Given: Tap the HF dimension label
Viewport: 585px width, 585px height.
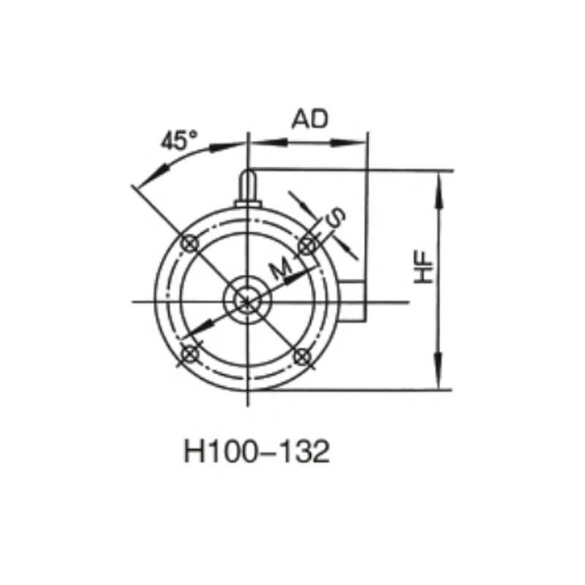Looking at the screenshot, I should click(424, 270).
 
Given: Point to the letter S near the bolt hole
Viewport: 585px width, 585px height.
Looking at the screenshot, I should click(335, 218).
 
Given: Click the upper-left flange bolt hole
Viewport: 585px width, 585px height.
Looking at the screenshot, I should click(189, 244).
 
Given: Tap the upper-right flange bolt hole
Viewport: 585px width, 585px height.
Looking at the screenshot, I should click(307, 245).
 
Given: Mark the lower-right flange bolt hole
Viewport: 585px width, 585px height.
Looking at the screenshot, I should click(302, 355).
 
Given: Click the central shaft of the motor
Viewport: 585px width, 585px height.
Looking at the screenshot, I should click(248, 300).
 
